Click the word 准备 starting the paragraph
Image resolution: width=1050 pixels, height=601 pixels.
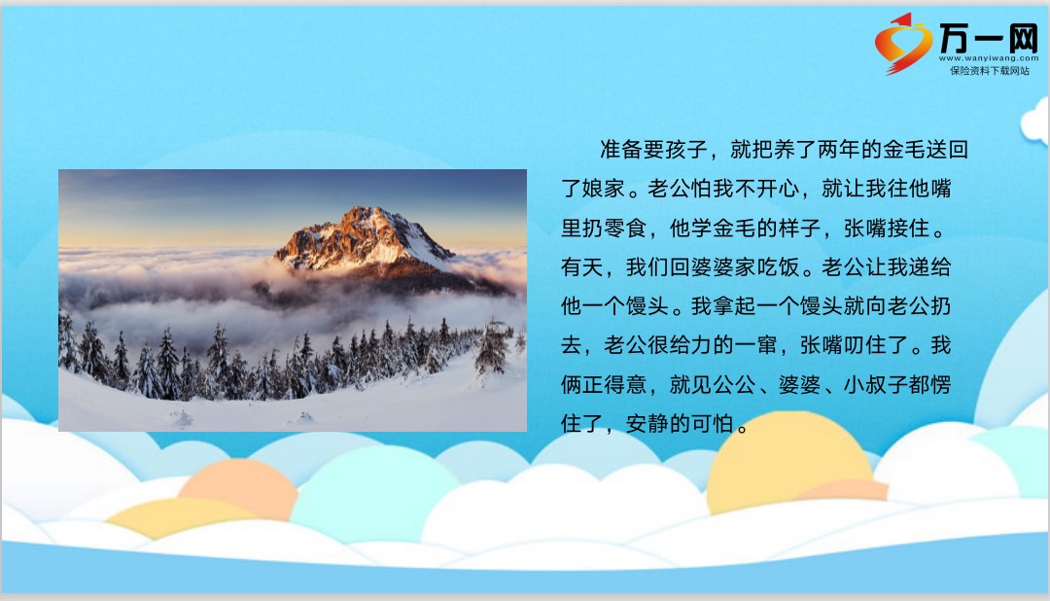click(x=620, y=150)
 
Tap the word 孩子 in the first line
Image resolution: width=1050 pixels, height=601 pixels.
click(x=685, y=150)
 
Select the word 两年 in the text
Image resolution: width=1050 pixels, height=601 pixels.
click(x=838, y=150)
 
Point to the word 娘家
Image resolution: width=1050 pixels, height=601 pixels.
click(x=603, y=189)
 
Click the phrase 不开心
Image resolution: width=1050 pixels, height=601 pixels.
click(x=767, y=189)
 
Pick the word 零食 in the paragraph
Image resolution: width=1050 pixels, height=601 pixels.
click(x=625, y=229)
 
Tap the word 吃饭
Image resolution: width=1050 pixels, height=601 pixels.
click(x=778, y=267)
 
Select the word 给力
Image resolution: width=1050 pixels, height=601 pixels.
click(x=690, y=346)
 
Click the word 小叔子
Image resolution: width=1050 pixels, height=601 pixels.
click(x=876, y=384)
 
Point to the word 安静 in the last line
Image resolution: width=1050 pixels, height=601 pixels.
click(x=647, y=424)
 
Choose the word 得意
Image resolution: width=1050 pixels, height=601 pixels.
click(x=625, y=384)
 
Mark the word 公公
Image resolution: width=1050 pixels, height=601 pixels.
click(x=734, y=384)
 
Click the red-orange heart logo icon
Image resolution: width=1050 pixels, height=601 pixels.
click(x=902, y=44)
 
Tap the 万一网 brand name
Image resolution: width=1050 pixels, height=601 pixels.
click(x=989, y=38)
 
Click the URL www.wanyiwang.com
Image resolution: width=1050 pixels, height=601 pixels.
click(x=989, y=58)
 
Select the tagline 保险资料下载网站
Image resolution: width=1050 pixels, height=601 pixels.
click(x=990, y=70)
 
